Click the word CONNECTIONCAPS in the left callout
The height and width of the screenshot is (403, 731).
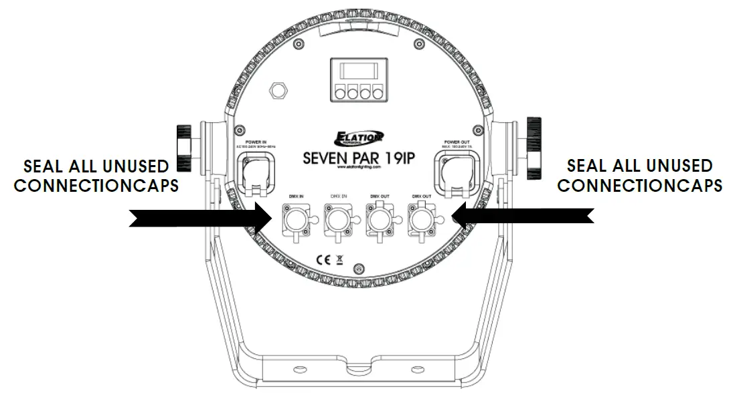pyautogui.click(x=96, y=185)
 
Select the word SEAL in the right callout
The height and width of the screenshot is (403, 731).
pyautogui.click(x=588, y=165)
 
